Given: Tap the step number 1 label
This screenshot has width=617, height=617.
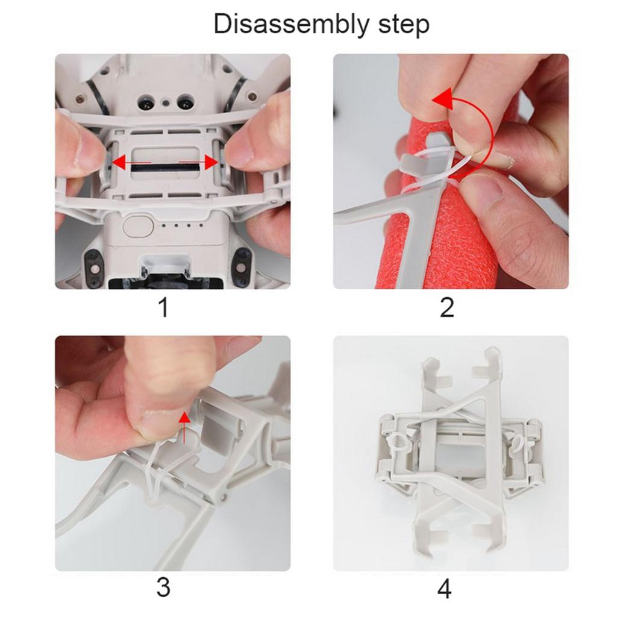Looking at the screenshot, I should pyautogui.click(x=163, y=308).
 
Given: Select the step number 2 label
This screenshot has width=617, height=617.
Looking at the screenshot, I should pyautogui.click(x=446, y=308).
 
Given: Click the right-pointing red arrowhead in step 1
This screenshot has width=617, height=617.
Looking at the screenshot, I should pyautogui.click(x=211, y=162).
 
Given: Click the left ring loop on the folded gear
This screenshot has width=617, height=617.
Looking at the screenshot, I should pyautogui.click(x=396, y=443).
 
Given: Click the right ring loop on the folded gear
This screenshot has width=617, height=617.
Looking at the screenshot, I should pyautogui.click(x=516, y=444).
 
